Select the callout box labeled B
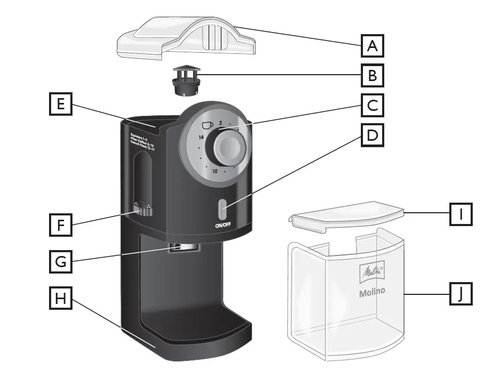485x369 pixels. [373, 76]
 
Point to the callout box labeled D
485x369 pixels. [373, 135]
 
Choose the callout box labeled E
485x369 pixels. [61, 105]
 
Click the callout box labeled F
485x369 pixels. [61, 224]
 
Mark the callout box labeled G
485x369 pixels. [61, 262]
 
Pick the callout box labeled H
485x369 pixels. [61, 299]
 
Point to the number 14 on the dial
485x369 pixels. [201, 137]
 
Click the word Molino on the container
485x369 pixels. [372, 292]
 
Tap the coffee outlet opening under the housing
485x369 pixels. [185, 247]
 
